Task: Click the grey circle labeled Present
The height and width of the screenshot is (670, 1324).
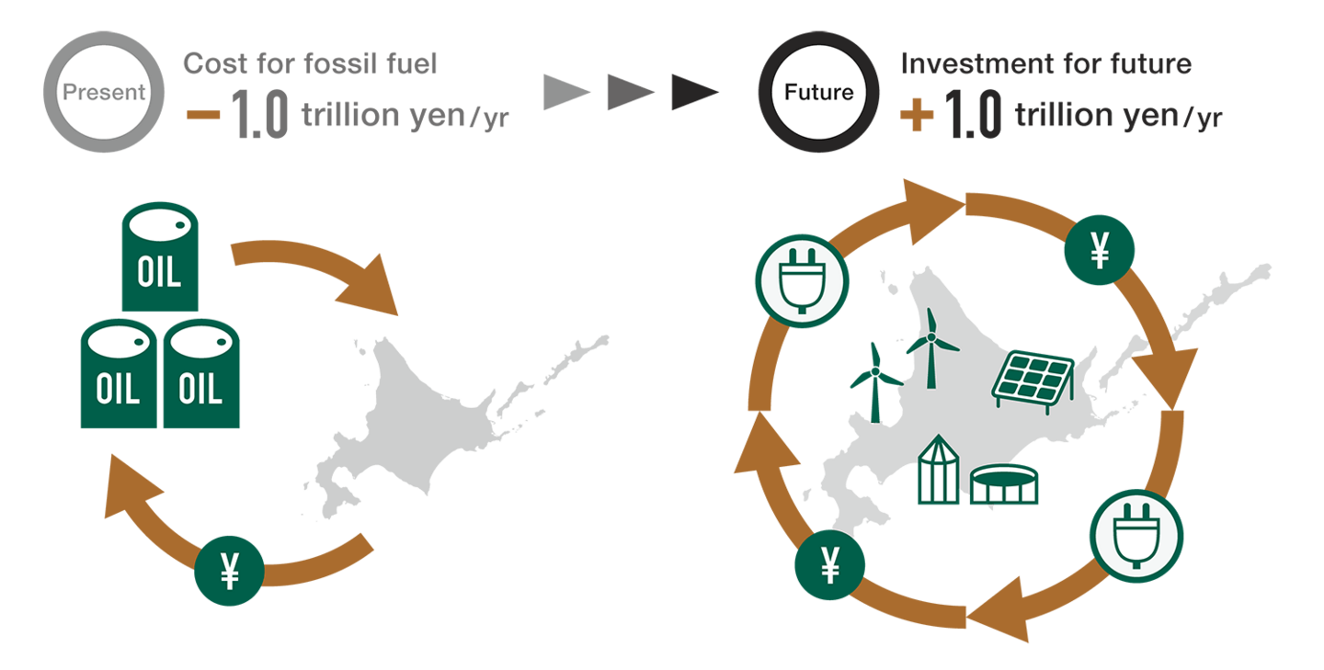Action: pyautogui.click(x=103, y=91)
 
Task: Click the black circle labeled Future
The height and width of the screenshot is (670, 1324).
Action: pyautogui.click(x=818, y=92)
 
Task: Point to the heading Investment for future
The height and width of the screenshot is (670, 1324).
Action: pyautogui.click(x=1046, y=64)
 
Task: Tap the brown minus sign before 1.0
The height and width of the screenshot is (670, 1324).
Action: pyautogui.click(x=203, y=115)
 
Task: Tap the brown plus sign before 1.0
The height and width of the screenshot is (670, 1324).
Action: pyautogui.click(x=917, y=115)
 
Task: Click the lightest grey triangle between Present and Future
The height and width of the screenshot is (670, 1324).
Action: pyautogui.click(x=566, y=93)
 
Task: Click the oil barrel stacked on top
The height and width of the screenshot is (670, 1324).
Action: pyautogui.click(x=160, y=256)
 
